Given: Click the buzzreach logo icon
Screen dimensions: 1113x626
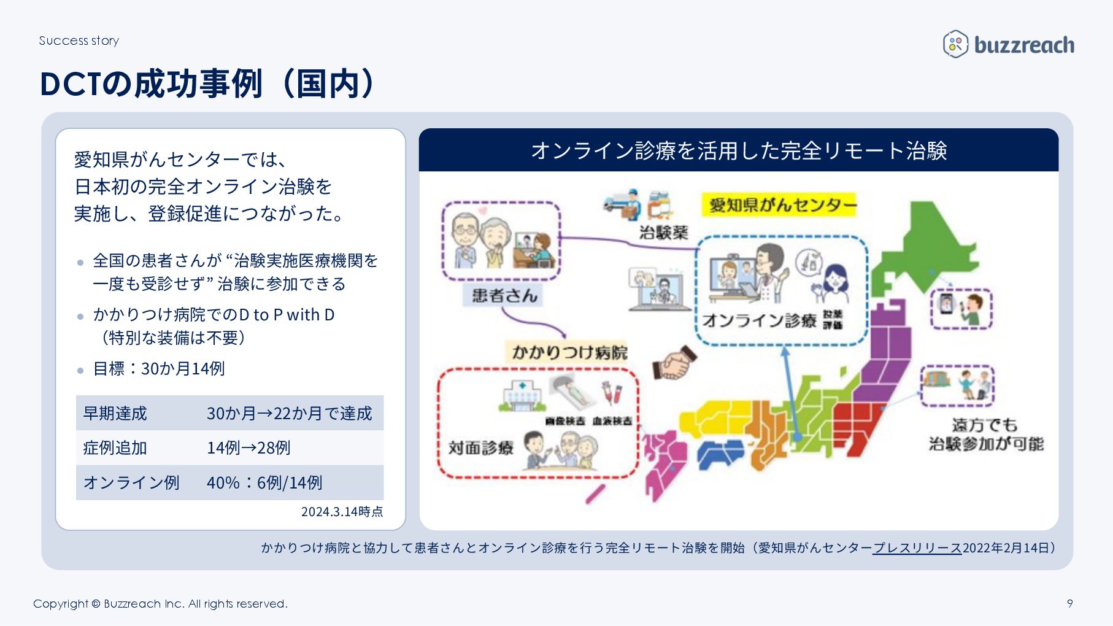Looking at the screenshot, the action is pos(955,44).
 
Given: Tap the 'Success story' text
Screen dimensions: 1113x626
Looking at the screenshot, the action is pos(79,41).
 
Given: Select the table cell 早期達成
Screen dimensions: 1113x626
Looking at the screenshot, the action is pos(115,413).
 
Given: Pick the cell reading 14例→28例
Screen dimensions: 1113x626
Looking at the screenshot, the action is pos(248,447).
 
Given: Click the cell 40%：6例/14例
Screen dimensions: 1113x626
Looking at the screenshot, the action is pos(264,482).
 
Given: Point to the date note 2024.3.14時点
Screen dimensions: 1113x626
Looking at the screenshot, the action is pos(342,511).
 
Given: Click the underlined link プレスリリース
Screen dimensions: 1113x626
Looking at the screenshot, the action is pos(917,547).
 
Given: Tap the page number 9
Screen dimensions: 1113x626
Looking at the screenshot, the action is pos(1069,603).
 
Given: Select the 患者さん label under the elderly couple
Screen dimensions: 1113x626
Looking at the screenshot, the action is pos(504,295).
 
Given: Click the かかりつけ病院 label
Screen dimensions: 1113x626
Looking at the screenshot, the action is pos(569,352).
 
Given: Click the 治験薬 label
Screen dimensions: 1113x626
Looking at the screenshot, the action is pos(663,232).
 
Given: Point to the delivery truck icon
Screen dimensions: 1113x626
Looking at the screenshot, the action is pos(622,204).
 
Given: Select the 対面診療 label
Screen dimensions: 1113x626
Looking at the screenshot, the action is pos(480,447).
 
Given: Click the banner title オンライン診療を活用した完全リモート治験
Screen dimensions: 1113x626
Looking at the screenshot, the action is pos(739,150).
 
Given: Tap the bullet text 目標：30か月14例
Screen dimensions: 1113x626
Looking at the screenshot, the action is pos(159,368).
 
